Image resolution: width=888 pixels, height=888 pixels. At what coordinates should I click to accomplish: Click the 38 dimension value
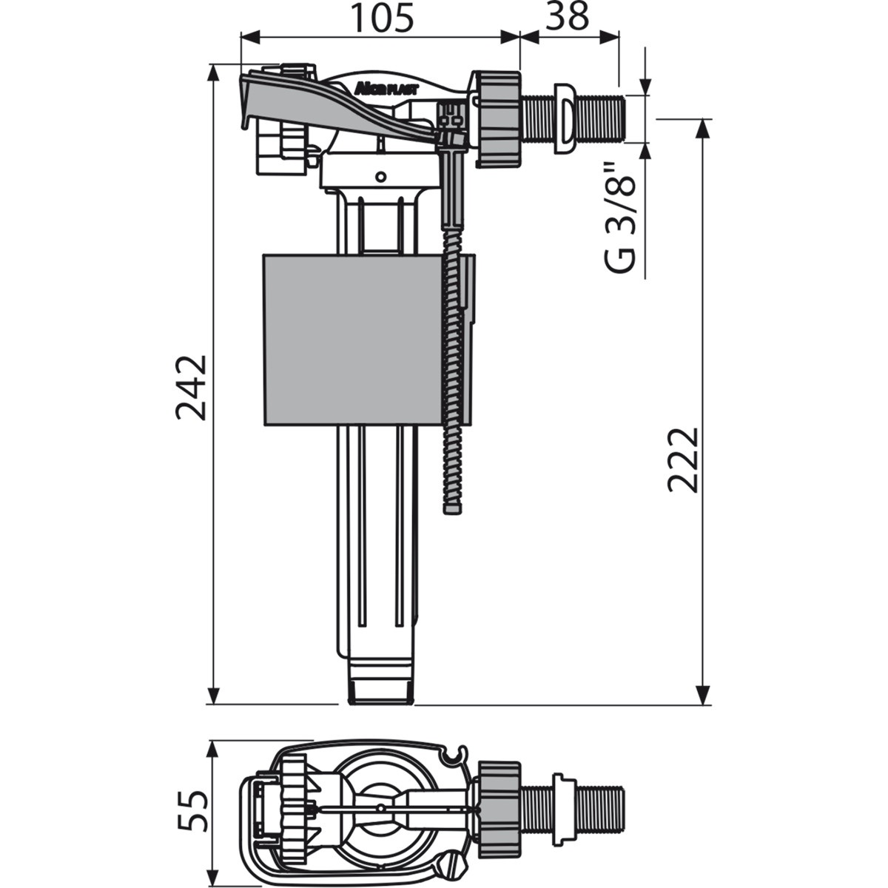pyautogui.click(x=568, y=17)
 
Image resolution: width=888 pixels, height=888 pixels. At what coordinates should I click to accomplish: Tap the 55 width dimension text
pyautogui.click(x=190, y=811)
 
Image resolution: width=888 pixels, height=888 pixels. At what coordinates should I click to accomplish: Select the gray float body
pyautogui.click(x=355, y=340)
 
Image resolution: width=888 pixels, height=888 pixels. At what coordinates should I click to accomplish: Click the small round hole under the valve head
pyautogui.click(x=380, y=177)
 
